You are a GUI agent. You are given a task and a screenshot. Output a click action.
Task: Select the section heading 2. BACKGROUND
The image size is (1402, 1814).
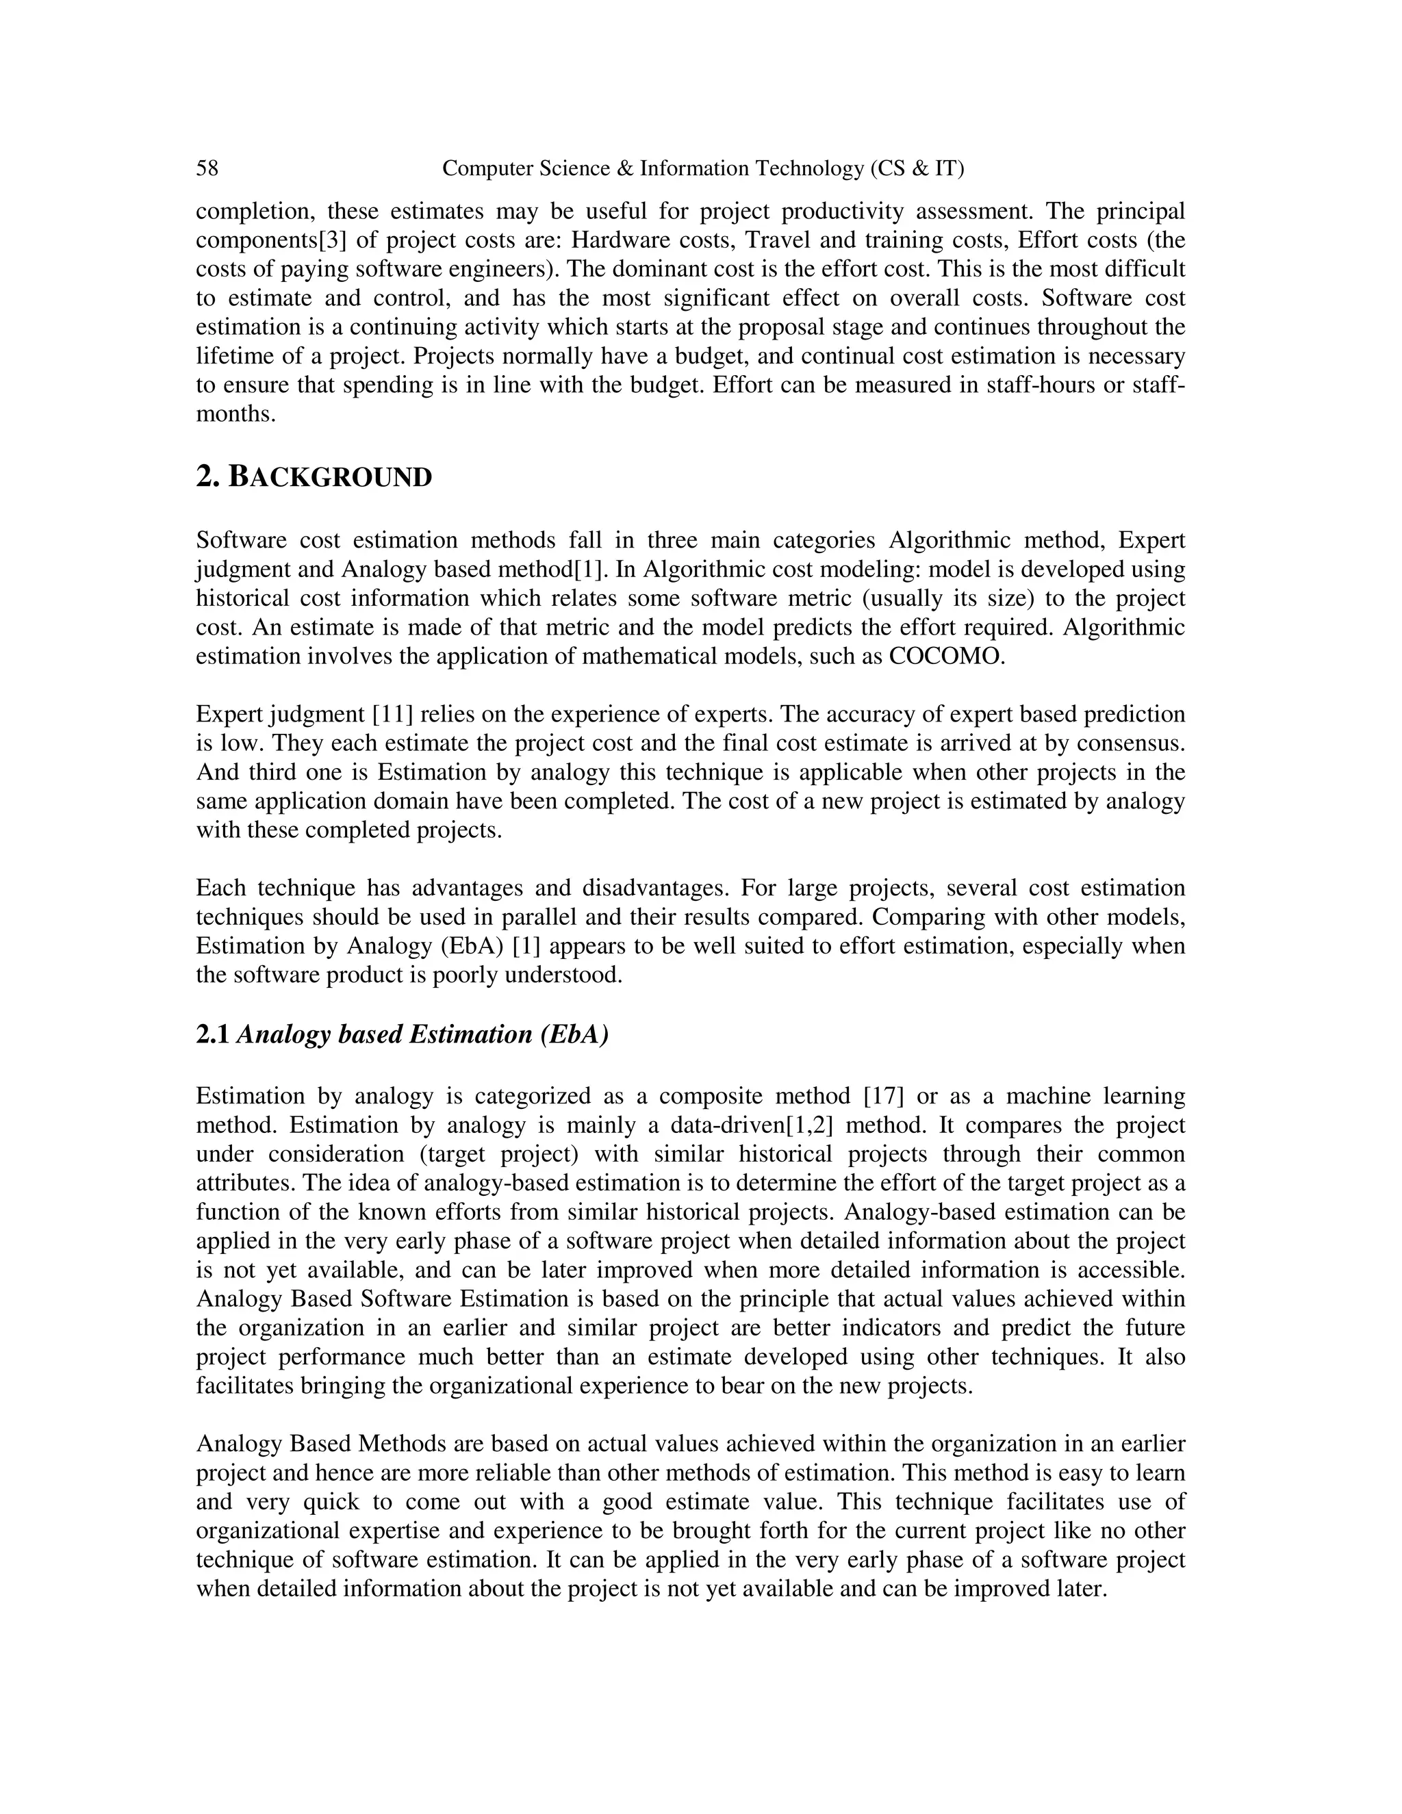click(314, 478)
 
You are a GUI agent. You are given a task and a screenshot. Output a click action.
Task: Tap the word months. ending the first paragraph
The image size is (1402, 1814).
click(235, 413)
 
